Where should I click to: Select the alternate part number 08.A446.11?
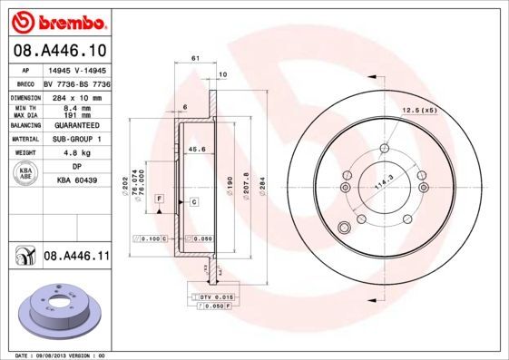[x=76, y=258]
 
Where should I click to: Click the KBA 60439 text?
[x=76, y=181]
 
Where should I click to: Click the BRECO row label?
[x=27, y=82]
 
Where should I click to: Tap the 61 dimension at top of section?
[x=194, y=59]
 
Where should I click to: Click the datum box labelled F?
[x=158, y=198]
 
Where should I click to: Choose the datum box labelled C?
[x=193, y=201]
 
